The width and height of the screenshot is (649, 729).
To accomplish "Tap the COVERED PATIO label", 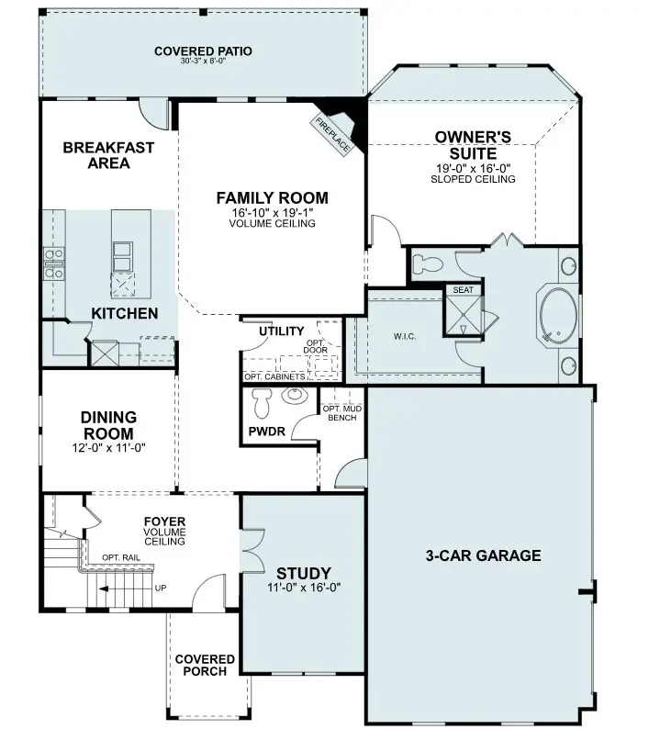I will [203, 51].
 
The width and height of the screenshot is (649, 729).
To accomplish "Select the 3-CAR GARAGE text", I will [483, 555].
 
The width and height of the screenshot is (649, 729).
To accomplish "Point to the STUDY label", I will [304, 574].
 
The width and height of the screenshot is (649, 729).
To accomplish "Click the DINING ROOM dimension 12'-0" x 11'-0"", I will [108, 448].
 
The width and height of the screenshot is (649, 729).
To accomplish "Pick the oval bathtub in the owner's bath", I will [556, 315].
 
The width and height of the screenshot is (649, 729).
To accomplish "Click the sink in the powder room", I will [295, 396].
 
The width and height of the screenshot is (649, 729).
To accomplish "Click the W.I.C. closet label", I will [405, 336].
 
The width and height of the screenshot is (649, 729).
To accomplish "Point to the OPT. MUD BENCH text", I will [340, 412].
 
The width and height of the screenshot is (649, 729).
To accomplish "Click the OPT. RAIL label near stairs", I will [120, 557].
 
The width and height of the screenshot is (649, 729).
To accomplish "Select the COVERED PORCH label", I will [205, 665].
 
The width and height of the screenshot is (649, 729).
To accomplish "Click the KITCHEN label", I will [124, 314].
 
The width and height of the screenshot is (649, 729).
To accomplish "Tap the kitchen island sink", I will [123, 250].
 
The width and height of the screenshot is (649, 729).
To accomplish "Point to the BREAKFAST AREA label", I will [108, 155].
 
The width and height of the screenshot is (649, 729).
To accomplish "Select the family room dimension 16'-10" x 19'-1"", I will [272, 213].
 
